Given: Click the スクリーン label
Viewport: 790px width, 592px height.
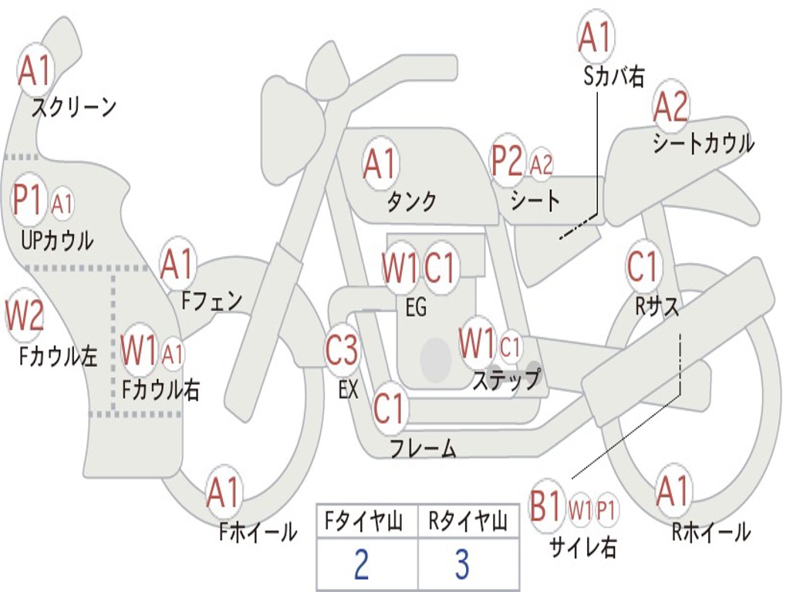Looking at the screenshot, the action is pyautogui.click(x=73, y=107).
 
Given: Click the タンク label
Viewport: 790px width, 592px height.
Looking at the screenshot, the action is pyautogui.click(x=411, y=202).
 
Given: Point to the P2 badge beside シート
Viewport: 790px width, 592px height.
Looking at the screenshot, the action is pyautogui.click(x=508, y=161).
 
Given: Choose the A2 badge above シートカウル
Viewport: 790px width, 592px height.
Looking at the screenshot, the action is pyautogui.click(x=670, y=107).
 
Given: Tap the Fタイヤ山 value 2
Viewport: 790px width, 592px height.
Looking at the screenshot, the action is pyautogui.click(x=360, y=564).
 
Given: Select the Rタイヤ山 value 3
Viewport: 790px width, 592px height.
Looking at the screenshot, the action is pyautogui.click(x=461, y=564).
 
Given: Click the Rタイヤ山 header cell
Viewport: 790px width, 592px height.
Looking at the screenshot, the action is pyautogui.click(x=468, y=523).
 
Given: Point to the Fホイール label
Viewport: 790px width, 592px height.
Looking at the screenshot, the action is pyautogui.click(x=257, y=531).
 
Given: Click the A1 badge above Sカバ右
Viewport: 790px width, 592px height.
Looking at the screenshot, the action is pyautogui.click(x=595, y=36).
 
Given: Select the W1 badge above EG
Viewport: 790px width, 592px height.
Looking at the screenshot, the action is pyautogui.click(x=400, y=268).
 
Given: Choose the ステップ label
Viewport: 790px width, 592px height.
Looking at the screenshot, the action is pyautogui.click(x=506, y=380).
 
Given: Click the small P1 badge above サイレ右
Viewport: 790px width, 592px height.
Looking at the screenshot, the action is pyautogui.click(x=606, y=509).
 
